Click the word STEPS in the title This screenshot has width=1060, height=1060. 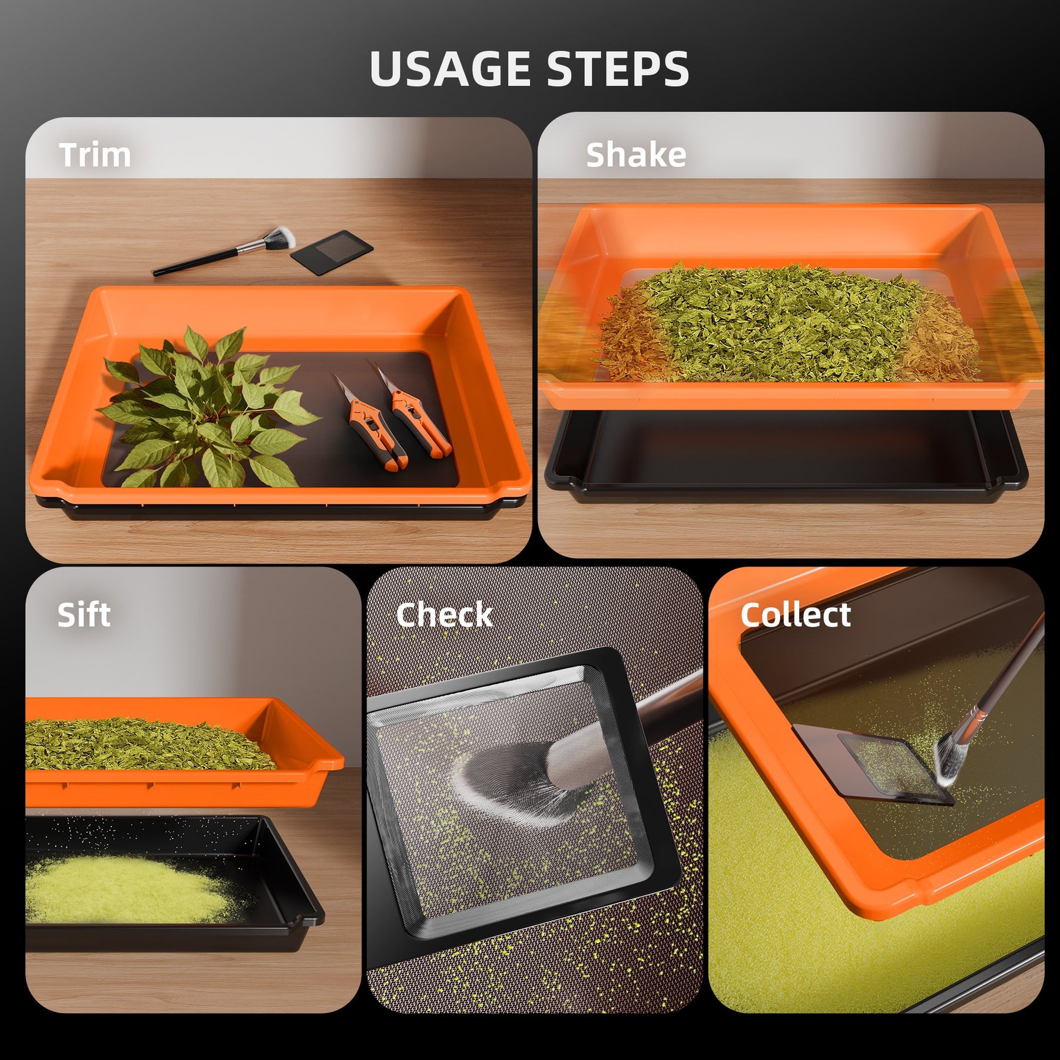pos(618,69)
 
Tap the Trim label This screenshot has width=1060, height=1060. pos(95,155)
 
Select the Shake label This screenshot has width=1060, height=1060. pos(636,155)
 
